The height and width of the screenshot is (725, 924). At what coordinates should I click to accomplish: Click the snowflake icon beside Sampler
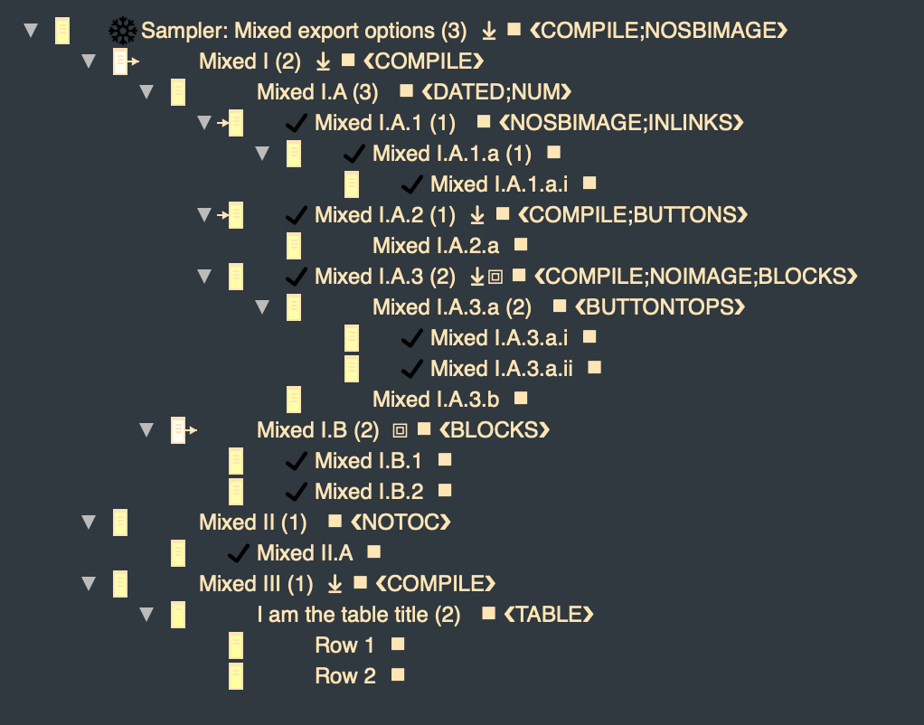click(x=123, y=32)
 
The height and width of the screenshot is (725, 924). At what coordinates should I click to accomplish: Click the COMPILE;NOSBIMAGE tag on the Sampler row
click(x=658, y=32)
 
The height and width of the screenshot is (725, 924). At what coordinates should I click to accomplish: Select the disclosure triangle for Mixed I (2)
click(x=88, y=61)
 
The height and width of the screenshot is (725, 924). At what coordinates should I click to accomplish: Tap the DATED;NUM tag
click(x=497, y=92)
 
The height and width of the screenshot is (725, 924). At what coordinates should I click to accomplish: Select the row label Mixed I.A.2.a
click(x=435, y=246)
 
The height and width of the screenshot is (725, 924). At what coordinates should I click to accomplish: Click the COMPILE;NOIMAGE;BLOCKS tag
click(x=695, y=277)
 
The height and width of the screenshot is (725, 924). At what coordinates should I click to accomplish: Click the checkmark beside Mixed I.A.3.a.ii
click(x=412, y=369)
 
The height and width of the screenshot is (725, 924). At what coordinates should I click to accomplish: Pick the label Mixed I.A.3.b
click(x=436, y=400)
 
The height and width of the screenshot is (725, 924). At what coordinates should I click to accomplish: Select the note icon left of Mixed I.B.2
click(x=236, y=492)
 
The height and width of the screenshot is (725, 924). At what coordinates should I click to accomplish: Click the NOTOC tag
click(x=400, y=523)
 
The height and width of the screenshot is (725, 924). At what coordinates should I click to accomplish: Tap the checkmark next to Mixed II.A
click(x=239, y=553)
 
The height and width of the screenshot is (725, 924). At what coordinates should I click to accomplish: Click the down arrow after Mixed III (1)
click(x=335, y=584)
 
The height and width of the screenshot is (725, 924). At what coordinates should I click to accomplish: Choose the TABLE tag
click(x=548, y=615)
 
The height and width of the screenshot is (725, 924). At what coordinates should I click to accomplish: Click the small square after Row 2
click(x=397, y=675)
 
